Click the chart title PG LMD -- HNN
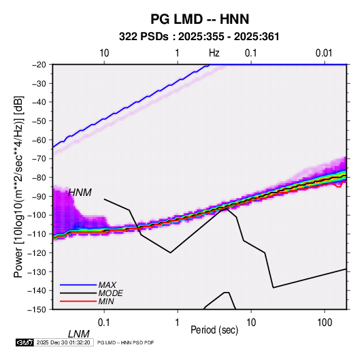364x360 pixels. coord(200,19)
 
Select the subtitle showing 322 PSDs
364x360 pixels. coord(199,37)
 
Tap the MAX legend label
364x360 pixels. coord(107,284)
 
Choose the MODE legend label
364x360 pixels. coord(110,293)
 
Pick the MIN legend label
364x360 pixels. coord(106,301)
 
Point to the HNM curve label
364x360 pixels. coord(80,193)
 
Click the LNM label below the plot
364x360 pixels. coord(78,334)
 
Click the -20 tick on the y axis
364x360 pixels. coord(39,65)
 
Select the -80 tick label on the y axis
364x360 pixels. coord(39,178)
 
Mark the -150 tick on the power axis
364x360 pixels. coord(37,310)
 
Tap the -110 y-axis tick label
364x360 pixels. coord(37,234)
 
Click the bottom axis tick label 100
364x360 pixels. coord(325,323)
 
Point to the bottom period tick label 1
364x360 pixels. coord(178,323)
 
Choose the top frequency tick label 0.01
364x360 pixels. coord(324,53)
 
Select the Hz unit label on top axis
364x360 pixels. coord(214,53)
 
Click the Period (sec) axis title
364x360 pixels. coord(214,330)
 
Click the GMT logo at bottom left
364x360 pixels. coord(24,342)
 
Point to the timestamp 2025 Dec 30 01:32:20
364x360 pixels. coord(63,342)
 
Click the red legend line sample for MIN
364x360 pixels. coord(78,301)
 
